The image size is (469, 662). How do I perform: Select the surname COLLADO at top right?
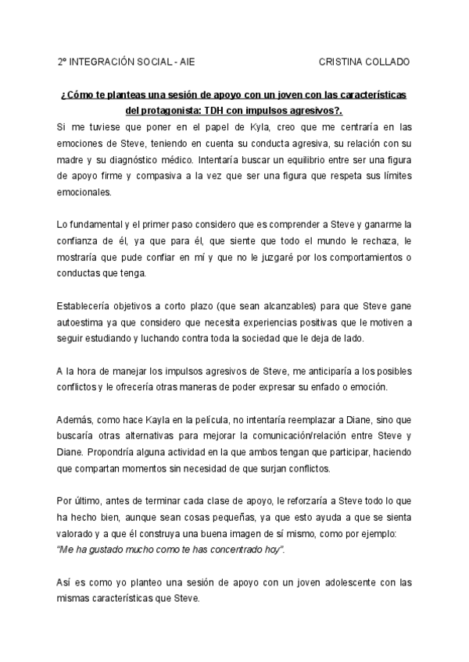[388, 61]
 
